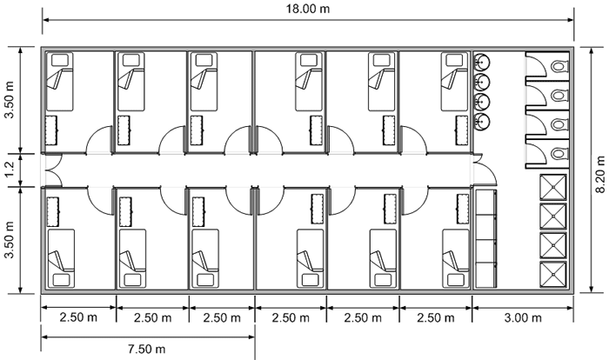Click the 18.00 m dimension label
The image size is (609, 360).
coord(308,9)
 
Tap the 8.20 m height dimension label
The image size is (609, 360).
coord(600,174)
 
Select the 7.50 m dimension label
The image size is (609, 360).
coord(146,349)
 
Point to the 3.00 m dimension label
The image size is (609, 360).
coord(523,317)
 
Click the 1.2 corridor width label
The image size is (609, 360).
coord(10,170)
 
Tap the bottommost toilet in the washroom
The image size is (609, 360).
coord(559,154)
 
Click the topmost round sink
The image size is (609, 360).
coord(482,62)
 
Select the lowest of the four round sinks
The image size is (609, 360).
coord(482,122)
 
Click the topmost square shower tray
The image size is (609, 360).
coord(552,188)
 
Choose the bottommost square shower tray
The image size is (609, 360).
coord(552,275)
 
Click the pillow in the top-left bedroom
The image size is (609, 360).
coord(60,60)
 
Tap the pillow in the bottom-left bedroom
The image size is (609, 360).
coord(62,280)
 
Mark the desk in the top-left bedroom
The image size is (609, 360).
coord(51,130)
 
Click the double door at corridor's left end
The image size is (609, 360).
coord(54,170)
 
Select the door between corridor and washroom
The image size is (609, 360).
coord(485,170)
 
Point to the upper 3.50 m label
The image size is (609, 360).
coord(10,100)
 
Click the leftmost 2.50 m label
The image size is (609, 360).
coord(78,317)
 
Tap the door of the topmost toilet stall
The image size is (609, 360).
coord(537,66)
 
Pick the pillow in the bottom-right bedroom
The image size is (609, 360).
coord(456,280)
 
